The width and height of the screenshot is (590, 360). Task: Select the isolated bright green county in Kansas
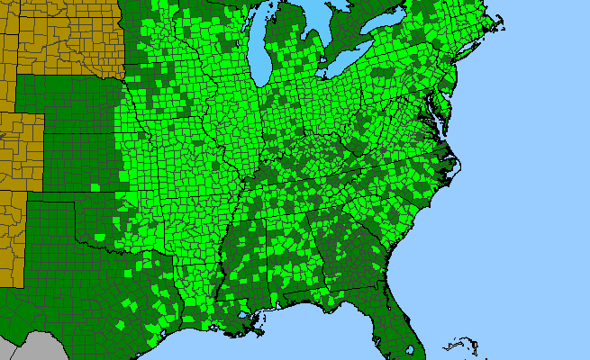(95, 186)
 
